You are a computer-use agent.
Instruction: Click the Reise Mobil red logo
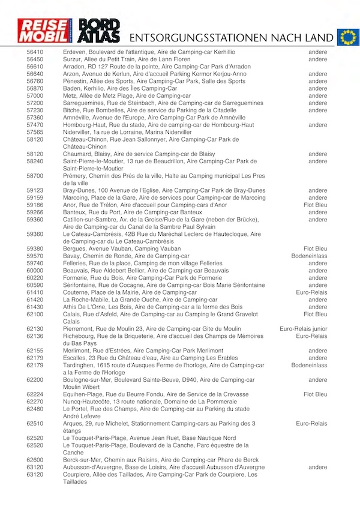(x=44, y=31)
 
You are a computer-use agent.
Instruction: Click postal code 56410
(x=35, y=53)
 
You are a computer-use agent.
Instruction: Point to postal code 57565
(x=35, y=132)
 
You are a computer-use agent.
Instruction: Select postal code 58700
(x=35, y=176)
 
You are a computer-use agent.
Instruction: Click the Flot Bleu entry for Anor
(x=316, y=205)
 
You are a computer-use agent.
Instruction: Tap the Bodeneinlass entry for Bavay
(x=310, y=256)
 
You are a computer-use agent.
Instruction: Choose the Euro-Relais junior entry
(x=304, y=329)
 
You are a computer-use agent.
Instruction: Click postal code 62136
(x=35, y=336)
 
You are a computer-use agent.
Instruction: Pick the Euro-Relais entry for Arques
(x=311, y=423)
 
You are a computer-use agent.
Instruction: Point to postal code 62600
(x=35, y=460)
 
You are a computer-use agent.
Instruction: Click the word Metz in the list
(x=70, y=96)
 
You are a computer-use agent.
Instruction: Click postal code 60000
(x=35, y=270)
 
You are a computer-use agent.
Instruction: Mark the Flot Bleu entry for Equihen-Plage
(x=316, y=394)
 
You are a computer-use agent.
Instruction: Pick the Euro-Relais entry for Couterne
(x=311, y=292)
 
